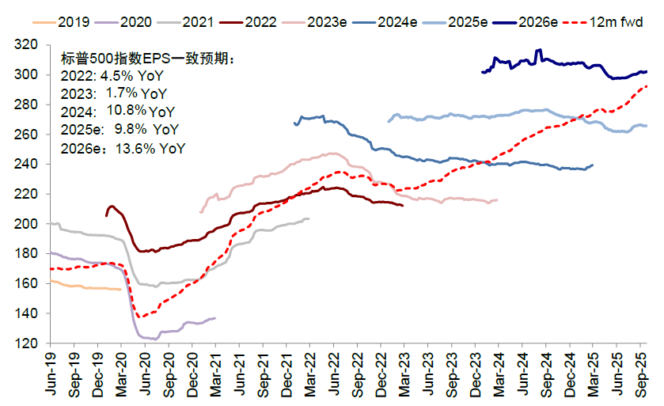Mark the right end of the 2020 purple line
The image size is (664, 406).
[x=215, y=318]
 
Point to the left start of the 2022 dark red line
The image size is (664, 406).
[x=106, y=215]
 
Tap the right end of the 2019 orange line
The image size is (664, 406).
[x=120, y=290]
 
